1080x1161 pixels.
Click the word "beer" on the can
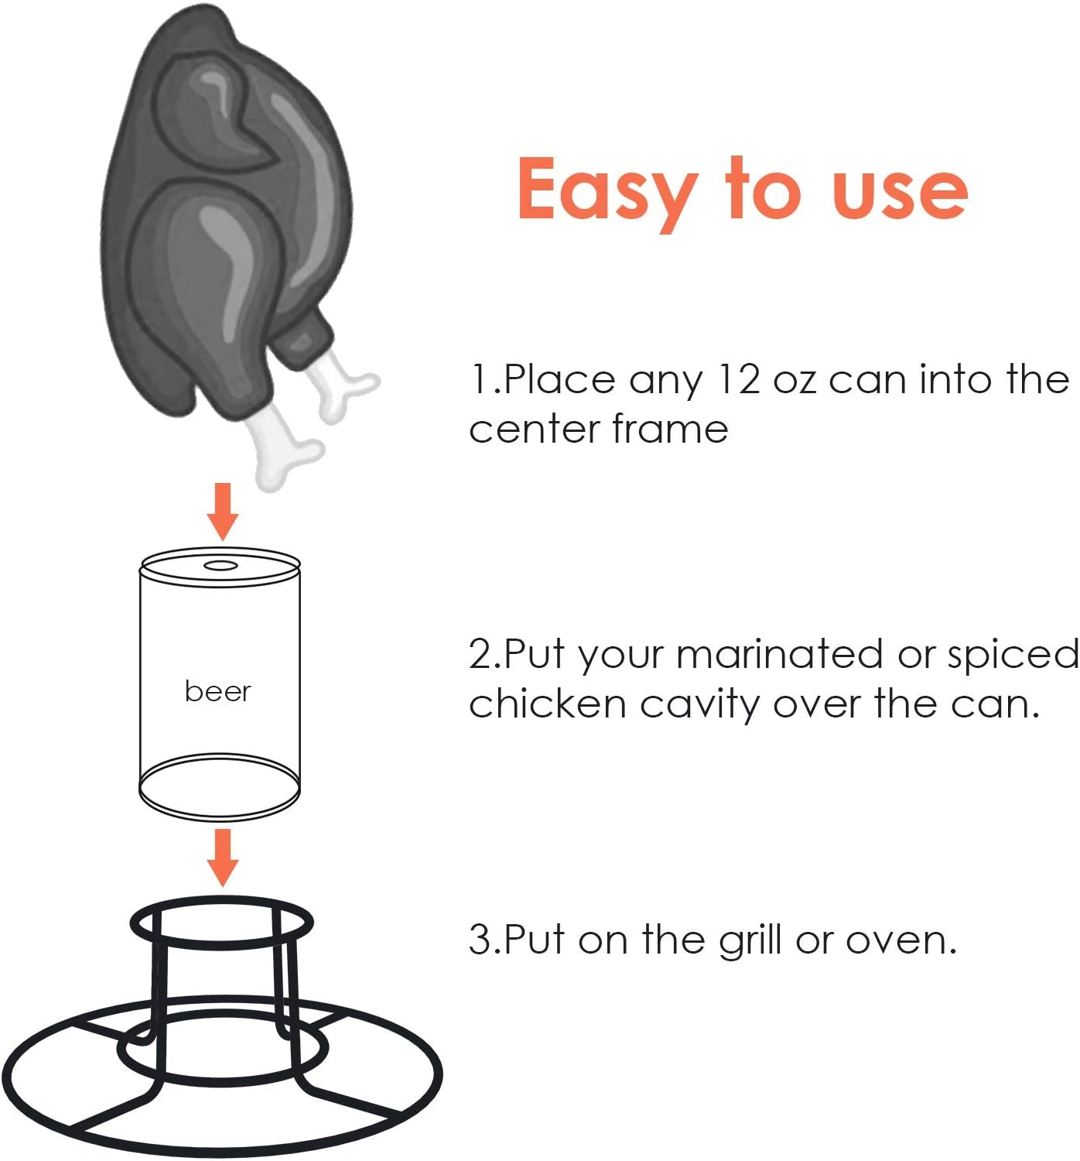click(217, 691)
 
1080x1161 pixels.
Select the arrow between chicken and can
click(223, 511)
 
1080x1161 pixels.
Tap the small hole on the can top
click(220, 565)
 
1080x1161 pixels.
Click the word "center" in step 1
click(534, 430)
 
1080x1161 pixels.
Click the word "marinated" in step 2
click(780, 655)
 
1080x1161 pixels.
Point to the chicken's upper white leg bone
click(340, 387)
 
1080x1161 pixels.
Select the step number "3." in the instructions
click(484, 940)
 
